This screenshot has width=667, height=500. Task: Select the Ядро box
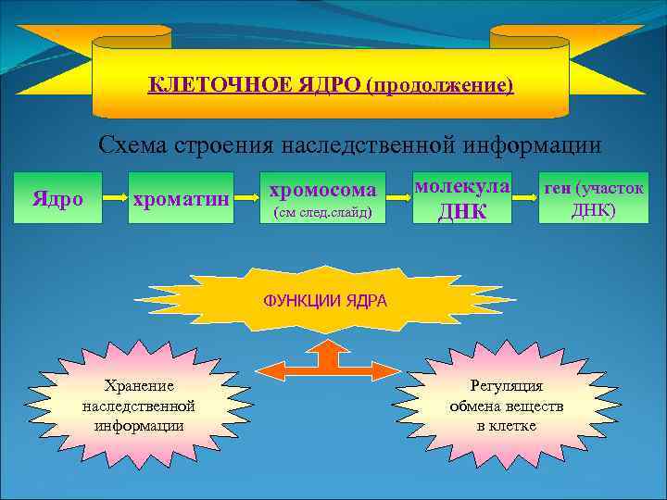point(57,198)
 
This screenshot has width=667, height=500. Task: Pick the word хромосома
point(321,190)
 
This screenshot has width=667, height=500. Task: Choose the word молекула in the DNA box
point(461,186)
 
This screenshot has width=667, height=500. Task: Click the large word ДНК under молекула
point(461,211)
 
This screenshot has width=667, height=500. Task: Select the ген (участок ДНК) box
point(593,198)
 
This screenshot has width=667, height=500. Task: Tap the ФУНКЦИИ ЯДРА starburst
point(325,302)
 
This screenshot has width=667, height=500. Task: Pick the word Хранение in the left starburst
point(139,385)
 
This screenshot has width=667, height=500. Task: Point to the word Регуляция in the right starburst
point(507,385)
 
